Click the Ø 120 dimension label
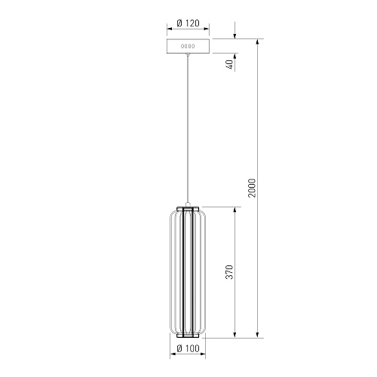tap(188, 23)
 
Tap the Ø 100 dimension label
tap(188, 348)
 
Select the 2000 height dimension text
tap(252, 188)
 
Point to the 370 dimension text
tap(229, 272)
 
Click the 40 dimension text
tap(230, 65)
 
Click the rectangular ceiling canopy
tap(188, 46)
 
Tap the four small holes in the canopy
tap(188, 46)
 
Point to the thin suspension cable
tap(188, 128)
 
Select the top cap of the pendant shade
tap(188, 209)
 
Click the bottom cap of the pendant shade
tap(188, 336)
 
